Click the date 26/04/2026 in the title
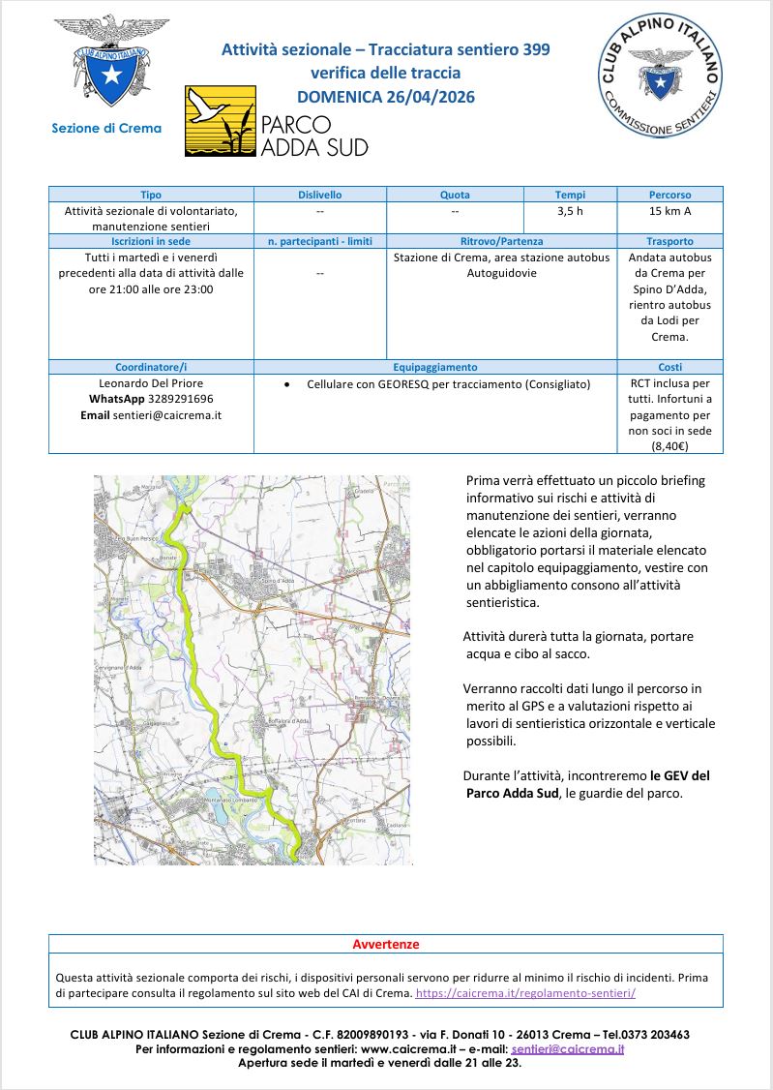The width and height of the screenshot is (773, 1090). click(433, 97)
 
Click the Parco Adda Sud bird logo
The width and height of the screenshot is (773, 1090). click(221, 121)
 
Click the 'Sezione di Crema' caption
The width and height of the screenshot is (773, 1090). click(106, 128)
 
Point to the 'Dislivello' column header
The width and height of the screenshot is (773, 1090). click(319, 195)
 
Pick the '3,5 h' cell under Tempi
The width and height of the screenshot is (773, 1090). click(570, 211)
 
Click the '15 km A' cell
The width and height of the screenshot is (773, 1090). click(669, 211)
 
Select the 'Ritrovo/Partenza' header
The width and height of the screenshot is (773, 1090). click(501, 241)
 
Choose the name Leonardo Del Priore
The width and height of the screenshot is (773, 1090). click(151, 383)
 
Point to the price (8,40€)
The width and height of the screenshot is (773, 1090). click(669, 446)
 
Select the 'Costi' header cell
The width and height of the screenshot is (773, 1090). click(669, 367)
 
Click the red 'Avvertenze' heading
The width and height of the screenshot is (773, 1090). click(385, 944)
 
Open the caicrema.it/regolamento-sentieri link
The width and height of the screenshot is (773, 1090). click(525, 993)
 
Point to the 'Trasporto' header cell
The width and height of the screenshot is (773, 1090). click(669, 241)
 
